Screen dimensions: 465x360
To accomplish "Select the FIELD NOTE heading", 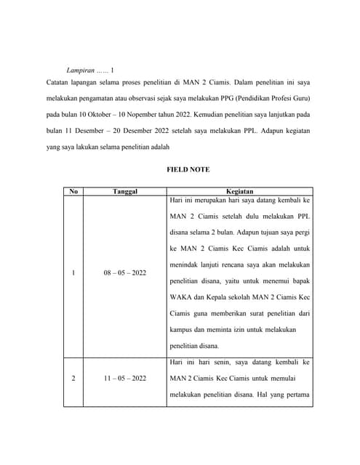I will click(188, 169).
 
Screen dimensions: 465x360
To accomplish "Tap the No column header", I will click(73, 192).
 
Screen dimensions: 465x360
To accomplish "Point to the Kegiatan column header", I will click(239, 192).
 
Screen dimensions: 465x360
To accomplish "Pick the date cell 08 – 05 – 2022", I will click(125, 273).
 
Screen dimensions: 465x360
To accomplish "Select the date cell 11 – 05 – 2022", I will click(125, 379).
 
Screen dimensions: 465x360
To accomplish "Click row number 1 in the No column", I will click(73, 273).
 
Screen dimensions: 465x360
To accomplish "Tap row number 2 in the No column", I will click(73, 379).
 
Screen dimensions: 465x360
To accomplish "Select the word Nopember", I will click(143, 116).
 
